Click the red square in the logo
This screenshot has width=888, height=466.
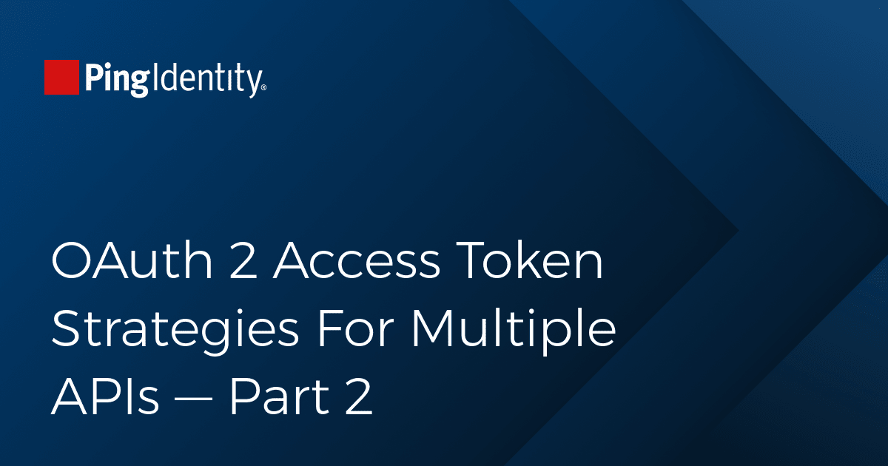point(61,77)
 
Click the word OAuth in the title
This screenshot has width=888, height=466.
point(132,260)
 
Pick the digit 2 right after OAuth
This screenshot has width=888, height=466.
point(243,260)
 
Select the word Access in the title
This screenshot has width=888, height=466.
point(357,260)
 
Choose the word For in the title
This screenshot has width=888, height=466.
point(355,328)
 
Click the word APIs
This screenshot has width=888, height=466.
point(105,396)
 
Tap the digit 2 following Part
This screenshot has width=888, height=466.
point(359,396)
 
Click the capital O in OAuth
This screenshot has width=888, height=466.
point(71,260)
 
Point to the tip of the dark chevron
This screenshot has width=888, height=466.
point(739,231)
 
